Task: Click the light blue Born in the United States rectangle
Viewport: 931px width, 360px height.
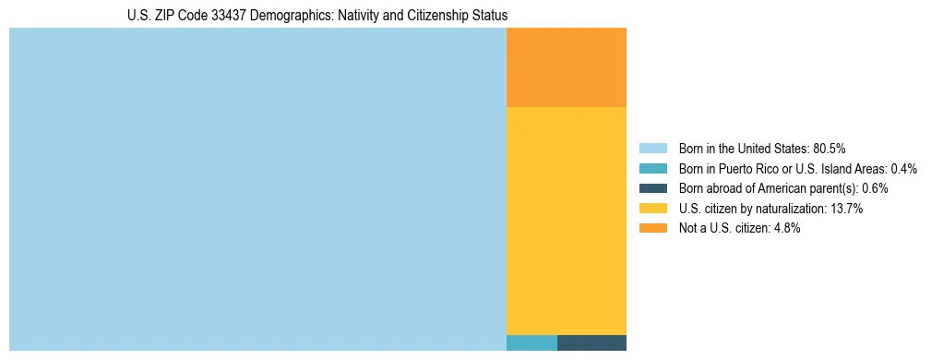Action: (x=257, y=189)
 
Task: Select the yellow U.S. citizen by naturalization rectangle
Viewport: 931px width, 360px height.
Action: (x=567, y=221)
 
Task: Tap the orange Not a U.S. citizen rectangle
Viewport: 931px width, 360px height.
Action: (x=567, y=67)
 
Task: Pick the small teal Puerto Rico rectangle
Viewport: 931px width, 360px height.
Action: (x=531, y=342)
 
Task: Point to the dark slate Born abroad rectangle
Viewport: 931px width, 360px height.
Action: (x=591, y=342)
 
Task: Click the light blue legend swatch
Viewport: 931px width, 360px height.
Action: (x=652, y=149)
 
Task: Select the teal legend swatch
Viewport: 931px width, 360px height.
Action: (x=652, y=169)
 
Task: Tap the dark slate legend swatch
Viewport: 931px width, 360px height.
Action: (x=652, y=188)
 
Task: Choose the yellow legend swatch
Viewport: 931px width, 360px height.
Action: (x=652, y=209)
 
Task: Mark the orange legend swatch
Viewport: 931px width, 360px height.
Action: (x=652, y=228)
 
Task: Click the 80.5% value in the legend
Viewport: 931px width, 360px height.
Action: (x=830, y=149)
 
